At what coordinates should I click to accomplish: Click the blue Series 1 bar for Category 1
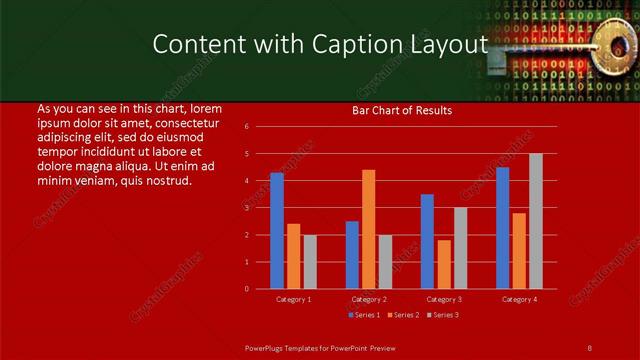point(277,231)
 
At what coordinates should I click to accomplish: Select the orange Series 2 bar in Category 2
point(369,229)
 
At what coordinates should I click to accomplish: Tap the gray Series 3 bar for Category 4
point(536,221)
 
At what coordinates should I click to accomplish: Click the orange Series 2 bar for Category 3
point(444,264)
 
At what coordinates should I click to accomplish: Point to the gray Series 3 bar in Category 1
point(310,262)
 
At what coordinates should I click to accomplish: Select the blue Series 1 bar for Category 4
point(503,228)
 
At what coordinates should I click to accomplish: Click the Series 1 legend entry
point(364,316)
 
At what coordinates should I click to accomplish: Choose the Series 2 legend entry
point(403,316)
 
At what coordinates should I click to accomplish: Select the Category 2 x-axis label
point(369,299)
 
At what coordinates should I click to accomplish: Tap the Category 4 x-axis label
point(519,299)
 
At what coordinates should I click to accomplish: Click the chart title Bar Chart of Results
point(402,110)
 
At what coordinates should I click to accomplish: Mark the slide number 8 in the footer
point(589,347)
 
